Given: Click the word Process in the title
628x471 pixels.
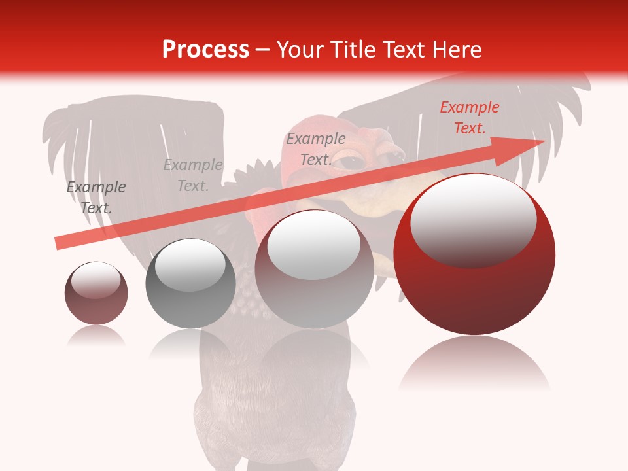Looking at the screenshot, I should [205, 50].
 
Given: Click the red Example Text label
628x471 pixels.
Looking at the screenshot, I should [469, 118].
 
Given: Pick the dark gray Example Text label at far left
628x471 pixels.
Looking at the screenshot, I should [96, 198].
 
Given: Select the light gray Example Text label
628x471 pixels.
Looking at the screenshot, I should [193, 175].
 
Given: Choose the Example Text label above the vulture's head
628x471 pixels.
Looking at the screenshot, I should [316, 149].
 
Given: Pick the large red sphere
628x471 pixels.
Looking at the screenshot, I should [474, 288].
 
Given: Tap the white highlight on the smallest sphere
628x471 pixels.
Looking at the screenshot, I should [96, 280].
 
